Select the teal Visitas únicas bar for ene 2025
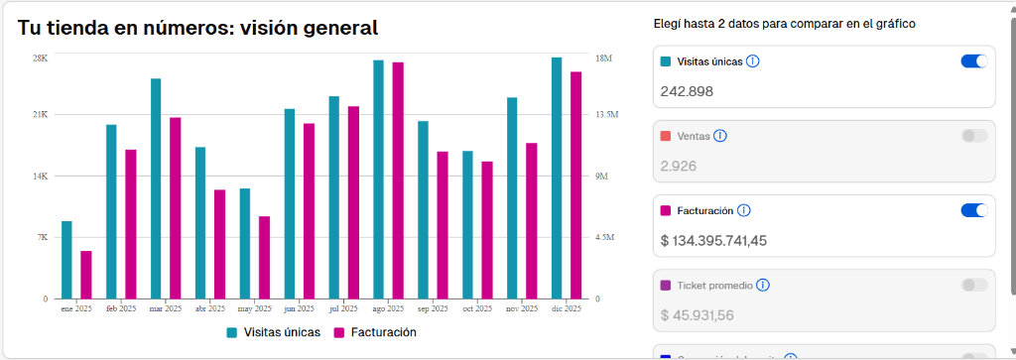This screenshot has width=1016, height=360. pyautogui.click(x=66, y=260)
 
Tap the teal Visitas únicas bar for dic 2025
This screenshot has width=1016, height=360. pyautogui.click(x=557, y=179)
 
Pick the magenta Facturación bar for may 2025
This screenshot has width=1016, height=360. pyautogui.click(x=264, y=258)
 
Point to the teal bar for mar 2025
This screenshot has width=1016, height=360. pyautogui.click(x=156, y=188)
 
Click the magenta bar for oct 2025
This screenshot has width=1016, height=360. pyautogui.click(x=487, y=230)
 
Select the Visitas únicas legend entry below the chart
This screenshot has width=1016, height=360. pyautogui.click(x=274, y=332)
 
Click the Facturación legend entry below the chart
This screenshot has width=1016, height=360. pyautogui.click(x=375, y=332)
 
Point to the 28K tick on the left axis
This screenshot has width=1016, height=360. pyautogui.click(x=40, y=58)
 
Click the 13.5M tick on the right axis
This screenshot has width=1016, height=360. pyautogui.click(x=606, y=115)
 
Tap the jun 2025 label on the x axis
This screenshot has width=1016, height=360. pyautogui.click(x=299, y=309)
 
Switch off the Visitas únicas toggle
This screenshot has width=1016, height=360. pyautogui.click(x=974, y=61)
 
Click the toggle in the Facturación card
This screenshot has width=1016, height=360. pyautogui.click(x=974, y=210)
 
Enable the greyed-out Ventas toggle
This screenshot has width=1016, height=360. pyautogui.click(x=974, y=136)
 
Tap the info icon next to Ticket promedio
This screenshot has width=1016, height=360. pyautogui.click(x=763, y=285)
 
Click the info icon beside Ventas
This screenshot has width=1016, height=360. pyautogui.click(x=720, y=136)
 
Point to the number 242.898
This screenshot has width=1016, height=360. pyautogui.click(x=686, y=91)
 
